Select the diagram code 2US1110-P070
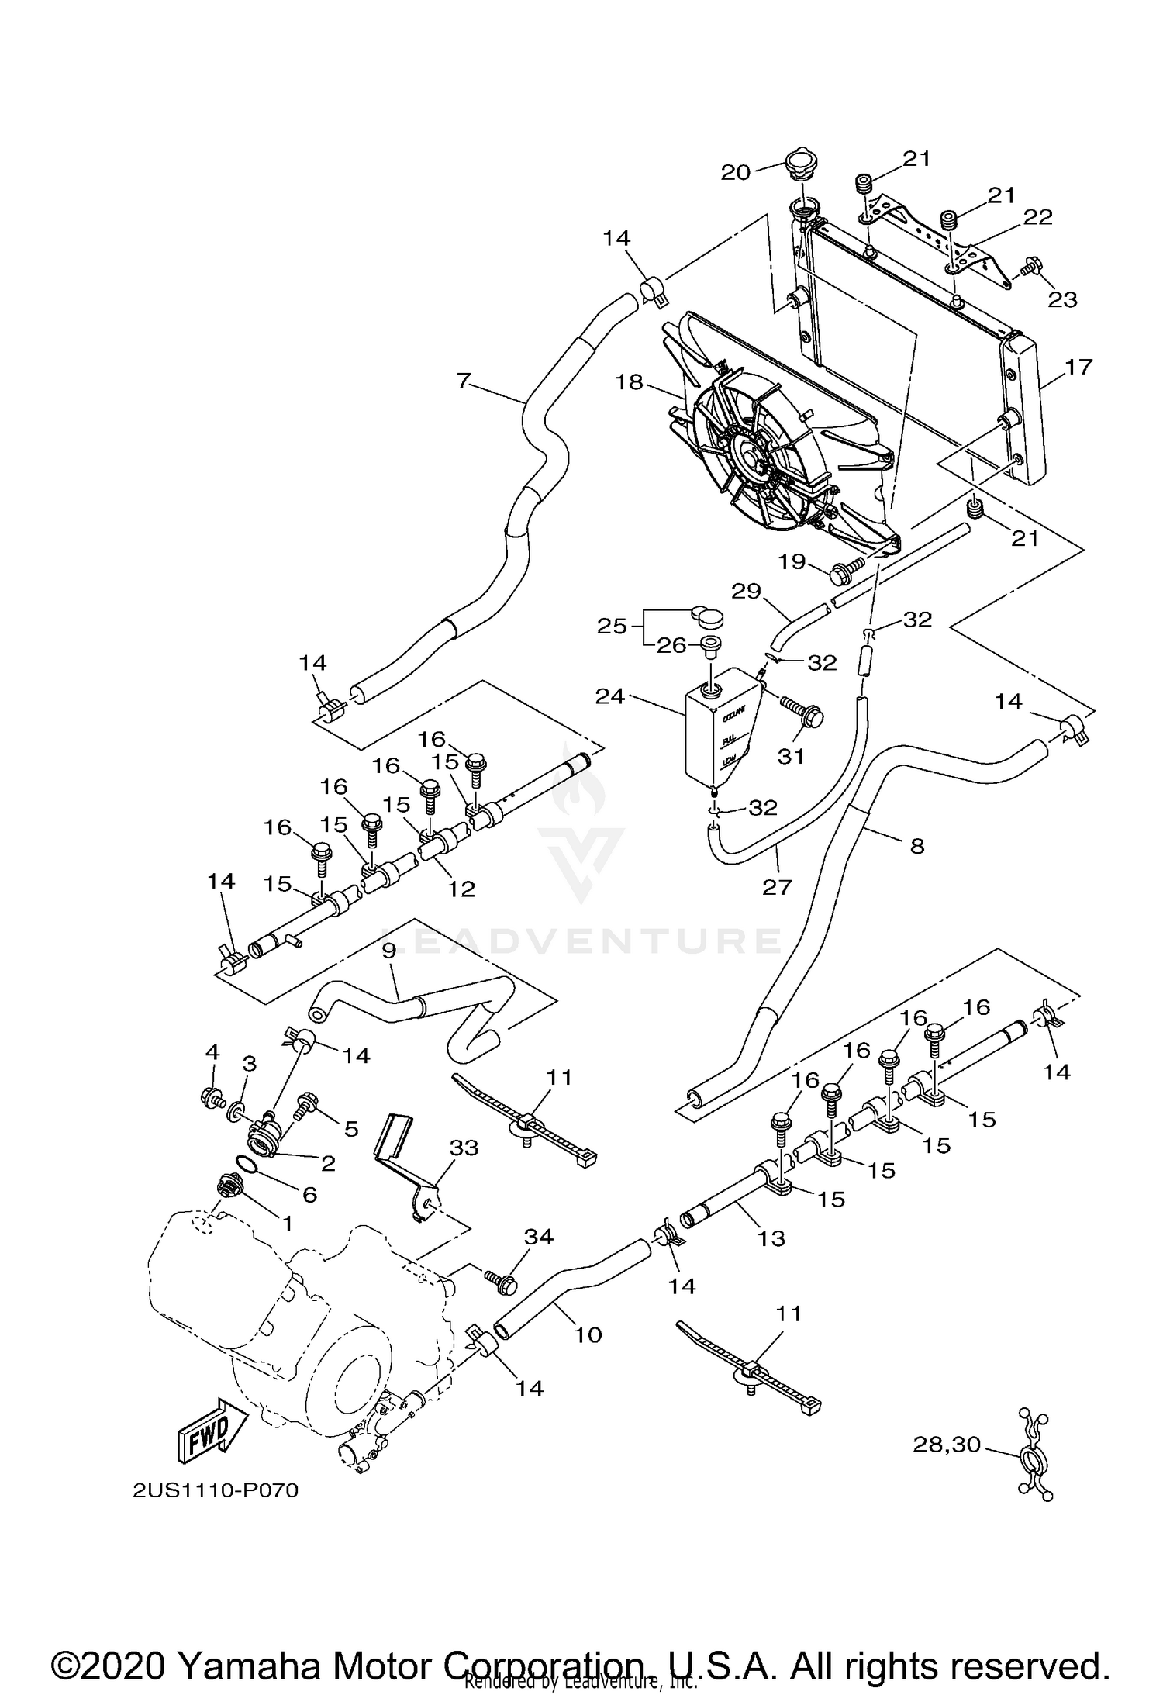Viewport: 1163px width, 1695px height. (x=216, y=1491)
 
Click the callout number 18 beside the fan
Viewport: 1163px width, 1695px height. (x=629, y=381)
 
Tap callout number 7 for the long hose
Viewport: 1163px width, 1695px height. (x=463, y=381)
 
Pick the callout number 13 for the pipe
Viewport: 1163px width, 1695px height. (x=771, y=1238)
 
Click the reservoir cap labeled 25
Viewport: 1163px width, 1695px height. (x=706, y=616)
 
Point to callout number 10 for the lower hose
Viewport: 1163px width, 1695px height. (x=588, y=1334)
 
